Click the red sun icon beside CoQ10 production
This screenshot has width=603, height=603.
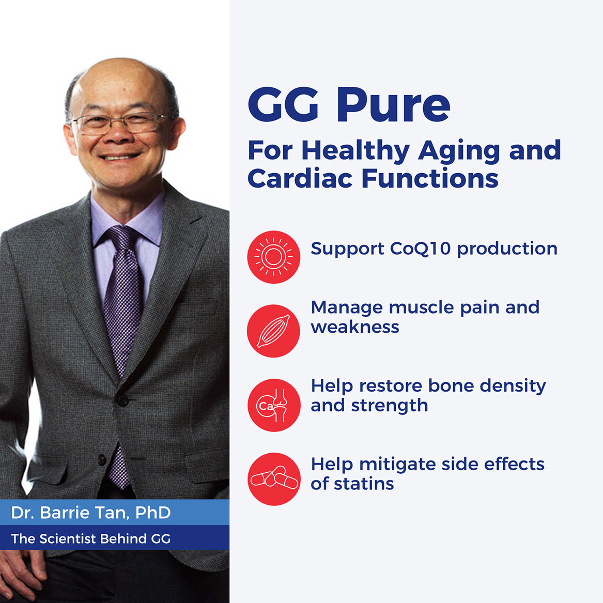tap(273, 257)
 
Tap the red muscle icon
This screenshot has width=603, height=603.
tap(273, 331)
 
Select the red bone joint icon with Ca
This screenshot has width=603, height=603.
tap(273, 405)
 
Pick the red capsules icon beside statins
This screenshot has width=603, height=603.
tap(273, 479)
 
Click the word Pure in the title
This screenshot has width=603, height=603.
tap(393, 105)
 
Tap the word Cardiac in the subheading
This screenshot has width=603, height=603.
tap(300, 178)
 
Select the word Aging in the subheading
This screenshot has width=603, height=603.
tap(459, 151)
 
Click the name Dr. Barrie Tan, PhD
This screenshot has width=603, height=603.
tap(91, 513)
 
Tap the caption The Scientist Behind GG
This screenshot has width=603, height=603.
tap(91, 539)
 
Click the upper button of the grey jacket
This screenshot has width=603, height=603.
tap(122, 400)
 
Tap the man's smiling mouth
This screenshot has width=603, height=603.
tap(120, 157)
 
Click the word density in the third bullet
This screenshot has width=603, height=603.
tap(513, 386)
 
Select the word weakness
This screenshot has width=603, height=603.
tap(354, 327)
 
